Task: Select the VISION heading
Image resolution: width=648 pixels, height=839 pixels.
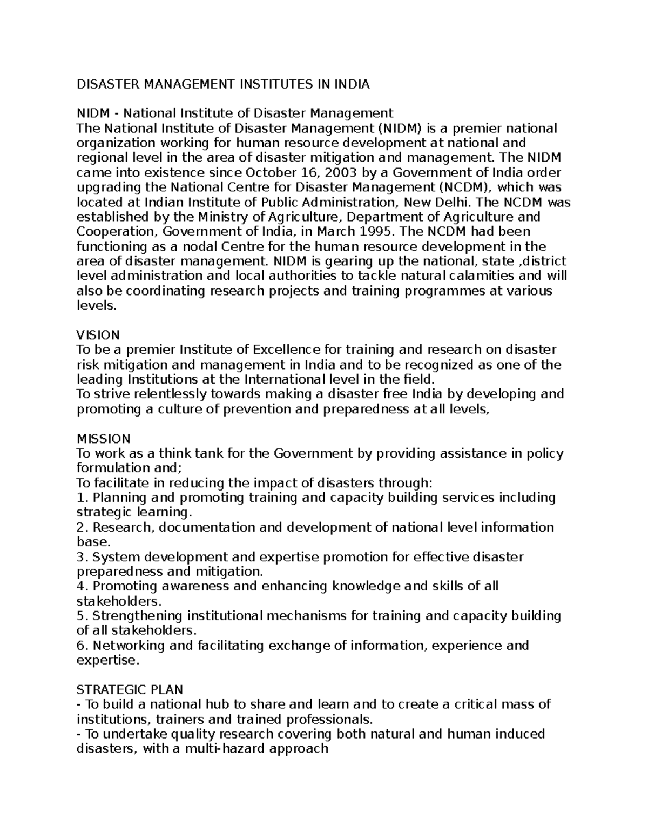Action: [98, 335]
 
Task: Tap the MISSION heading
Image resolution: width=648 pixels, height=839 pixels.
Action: [104, 438]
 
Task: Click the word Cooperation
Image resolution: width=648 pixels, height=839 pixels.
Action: [115, 232]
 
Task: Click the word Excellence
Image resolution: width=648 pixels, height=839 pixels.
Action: [286, 350]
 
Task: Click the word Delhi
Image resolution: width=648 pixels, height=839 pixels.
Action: [454, 203]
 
